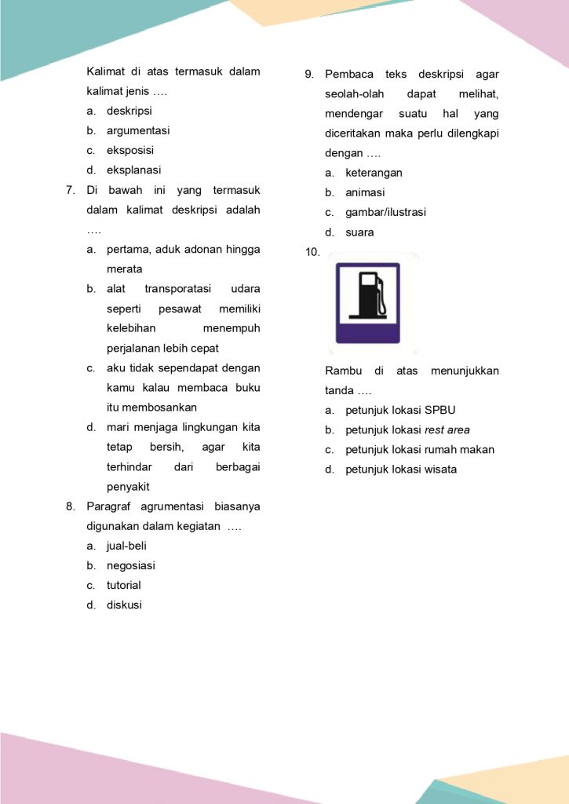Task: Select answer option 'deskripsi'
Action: (129, 111)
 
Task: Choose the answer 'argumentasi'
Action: (138, 130)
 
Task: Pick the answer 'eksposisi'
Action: (130, 150)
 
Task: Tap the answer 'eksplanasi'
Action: (133, 170)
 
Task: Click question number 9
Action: (309, 75)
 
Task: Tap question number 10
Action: (312, 252)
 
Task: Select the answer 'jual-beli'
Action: (126, 546)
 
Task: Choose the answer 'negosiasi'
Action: (130, 565)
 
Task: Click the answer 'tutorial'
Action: (124, 585)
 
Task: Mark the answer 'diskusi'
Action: (124, 605)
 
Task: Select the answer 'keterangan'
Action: (374, 173)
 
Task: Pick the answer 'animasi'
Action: (365, 192)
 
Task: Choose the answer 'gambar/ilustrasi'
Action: (385, 212)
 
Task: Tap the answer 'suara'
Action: (359, 232)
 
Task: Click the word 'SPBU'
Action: (440, 410)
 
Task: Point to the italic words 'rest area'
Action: (447, 429)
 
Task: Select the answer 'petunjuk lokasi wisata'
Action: (400, 470)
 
